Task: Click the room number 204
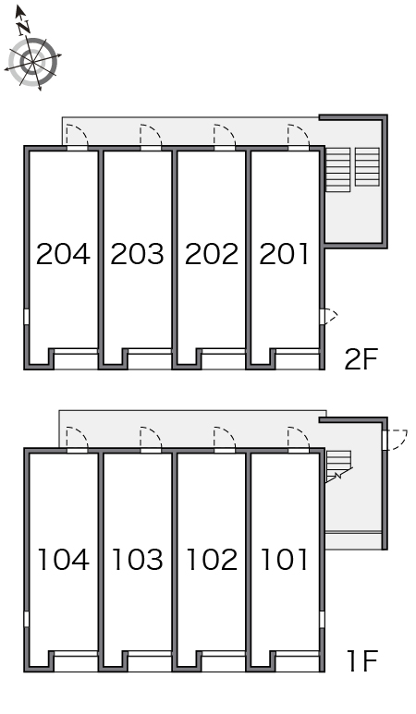63,254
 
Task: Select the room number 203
137,254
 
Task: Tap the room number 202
212,254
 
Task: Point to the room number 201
284,254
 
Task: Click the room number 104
63,560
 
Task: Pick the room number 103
137,560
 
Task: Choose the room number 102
212,560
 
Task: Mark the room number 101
285,560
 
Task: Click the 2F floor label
361,359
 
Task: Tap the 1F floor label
362,661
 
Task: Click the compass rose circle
32,62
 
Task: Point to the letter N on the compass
24,29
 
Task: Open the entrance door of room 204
77,137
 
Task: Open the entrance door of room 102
224,440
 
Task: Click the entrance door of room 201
299,137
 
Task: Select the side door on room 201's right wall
328,317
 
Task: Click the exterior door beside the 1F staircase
395,440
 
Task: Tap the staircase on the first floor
338,466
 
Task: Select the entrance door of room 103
151,440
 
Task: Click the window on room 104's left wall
27,619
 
